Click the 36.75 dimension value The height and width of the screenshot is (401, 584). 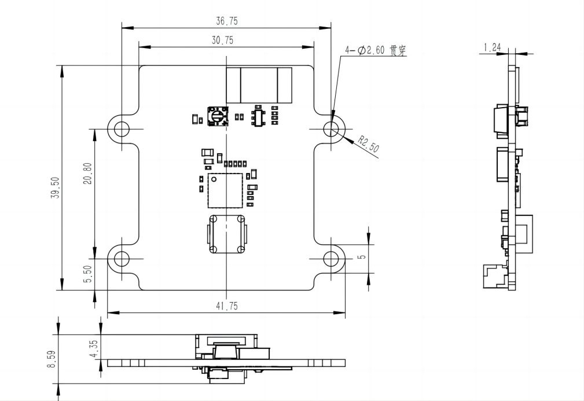pos(227,21)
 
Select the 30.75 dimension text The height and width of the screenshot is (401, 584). pos(227,41)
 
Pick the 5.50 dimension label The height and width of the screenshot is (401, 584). pos(87,274)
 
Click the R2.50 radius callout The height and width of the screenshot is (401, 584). pos(369,144)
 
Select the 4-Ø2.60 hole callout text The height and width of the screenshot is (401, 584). pos(376,51)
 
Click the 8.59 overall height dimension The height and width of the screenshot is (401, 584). pos(52,359)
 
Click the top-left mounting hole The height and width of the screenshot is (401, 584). pos(122,129)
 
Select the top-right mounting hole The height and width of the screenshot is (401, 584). pos(332,129)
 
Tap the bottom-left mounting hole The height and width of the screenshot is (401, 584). pos(122,259)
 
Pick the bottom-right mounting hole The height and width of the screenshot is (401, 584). pos(332,259)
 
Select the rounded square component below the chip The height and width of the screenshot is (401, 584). pos(226,234)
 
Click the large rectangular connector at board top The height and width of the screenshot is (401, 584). pos(259,85)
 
